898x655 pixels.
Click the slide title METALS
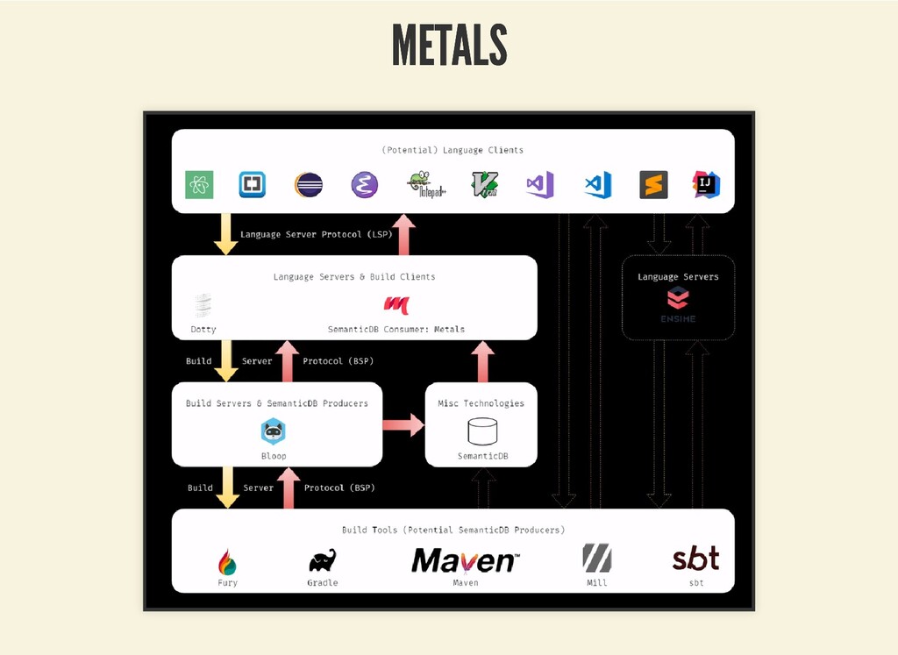coord(449,45)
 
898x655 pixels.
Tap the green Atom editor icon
coord(199,185)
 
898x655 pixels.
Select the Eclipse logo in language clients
coord(308,185)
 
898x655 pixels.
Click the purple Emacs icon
coord(363,185)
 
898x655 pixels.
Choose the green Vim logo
coord(485,185)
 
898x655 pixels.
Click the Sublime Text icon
coord(653,185)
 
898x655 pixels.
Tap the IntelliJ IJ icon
coord(706,184)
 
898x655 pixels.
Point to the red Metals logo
coord(396,305)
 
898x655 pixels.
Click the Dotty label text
coord(203,330)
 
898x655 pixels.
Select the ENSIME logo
coord(678,300)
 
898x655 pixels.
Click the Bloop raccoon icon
coord(274,431)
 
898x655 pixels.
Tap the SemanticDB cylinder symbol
coord(482,431)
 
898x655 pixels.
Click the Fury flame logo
coord(227,561)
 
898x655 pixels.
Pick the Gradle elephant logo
coord(322,560)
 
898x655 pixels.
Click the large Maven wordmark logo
coord(466,560)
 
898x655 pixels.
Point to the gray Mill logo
coord(596,559)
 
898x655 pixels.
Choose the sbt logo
coord(695,558)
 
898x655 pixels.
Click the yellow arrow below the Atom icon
coord(226,234)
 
